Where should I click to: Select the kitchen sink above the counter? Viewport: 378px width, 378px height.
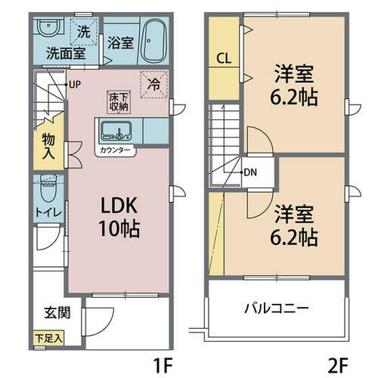pyautogui.click(x=116, y=132)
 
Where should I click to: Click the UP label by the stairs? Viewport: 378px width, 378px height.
pyautogui.click(x=75, y=84)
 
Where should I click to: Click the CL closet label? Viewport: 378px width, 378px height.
pyautogui.click(x=223, y=57)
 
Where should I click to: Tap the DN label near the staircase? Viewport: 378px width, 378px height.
pyautogui.click(x=249, y=172)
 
